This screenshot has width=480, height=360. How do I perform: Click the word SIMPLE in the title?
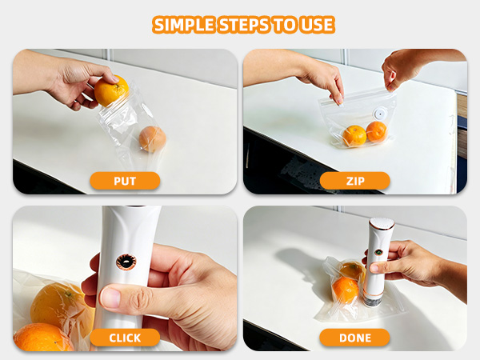coord(183,25)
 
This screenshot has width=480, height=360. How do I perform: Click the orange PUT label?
coord(125,181)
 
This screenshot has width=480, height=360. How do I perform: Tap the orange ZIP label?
coord(355,181)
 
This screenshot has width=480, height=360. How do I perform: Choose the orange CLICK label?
coord(125,338)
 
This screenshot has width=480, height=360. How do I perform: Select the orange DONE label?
coord(354,338)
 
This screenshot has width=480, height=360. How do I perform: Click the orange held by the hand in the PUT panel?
coord(111,91)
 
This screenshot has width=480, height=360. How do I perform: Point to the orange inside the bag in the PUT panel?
coord(153,139)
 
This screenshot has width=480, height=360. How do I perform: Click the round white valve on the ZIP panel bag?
coord(380,114)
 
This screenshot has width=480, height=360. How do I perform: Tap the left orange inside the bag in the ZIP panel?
coord(354,136)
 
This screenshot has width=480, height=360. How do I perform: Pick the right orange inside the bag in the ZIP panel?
coord(377,132)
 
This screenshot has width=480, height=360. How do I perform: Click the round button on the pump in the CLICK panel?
coord(126,262)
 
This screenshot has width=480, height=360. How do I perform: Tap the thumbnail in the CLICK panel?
coord(110,298)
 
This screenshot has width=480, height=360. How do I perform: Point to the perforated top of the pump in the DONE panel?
coord(382,223)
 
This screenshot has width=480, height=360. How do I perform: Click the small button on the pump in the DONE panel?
coord(378,253)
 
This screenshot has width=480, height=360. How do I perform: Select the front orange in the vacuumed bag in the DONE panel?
coord(346,290)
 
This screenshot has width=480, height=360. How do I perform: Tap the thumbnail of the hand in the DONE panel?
coord(374,269)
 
